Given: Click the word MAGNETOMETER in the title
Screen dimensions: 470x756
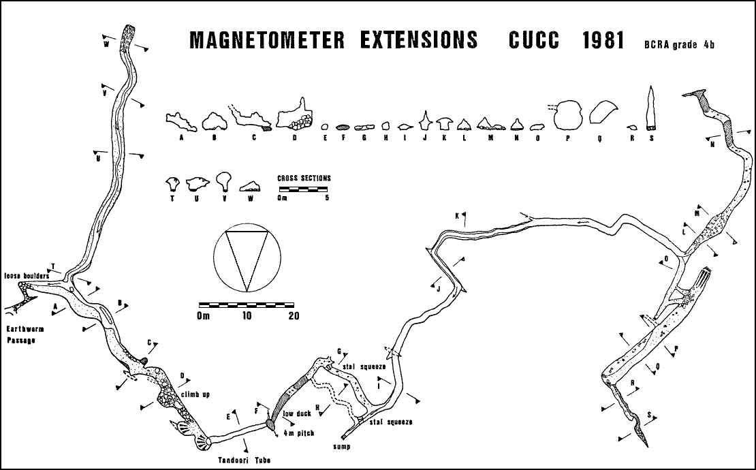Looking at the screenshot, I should [260, 40].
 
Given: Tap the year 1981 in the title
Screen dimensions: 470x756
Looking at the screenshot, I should [603, 40].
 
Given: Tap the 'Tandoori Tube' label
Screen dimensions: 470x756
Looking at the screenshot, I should [244, 460].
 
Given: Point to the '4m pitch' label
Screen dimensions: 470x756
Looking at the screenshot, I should [299, 433].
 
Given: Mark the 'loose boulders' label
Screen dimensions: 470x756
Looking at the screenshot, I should [27, 276].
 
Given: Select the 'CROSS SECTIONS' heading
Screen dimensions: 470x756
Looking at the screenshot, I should [304, 178].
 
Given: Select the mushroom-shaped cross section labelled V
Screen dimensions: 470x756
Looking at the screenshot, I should [223, 181].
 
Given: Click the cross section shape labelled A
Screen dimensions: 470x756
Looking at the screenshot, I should [182, 121].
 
